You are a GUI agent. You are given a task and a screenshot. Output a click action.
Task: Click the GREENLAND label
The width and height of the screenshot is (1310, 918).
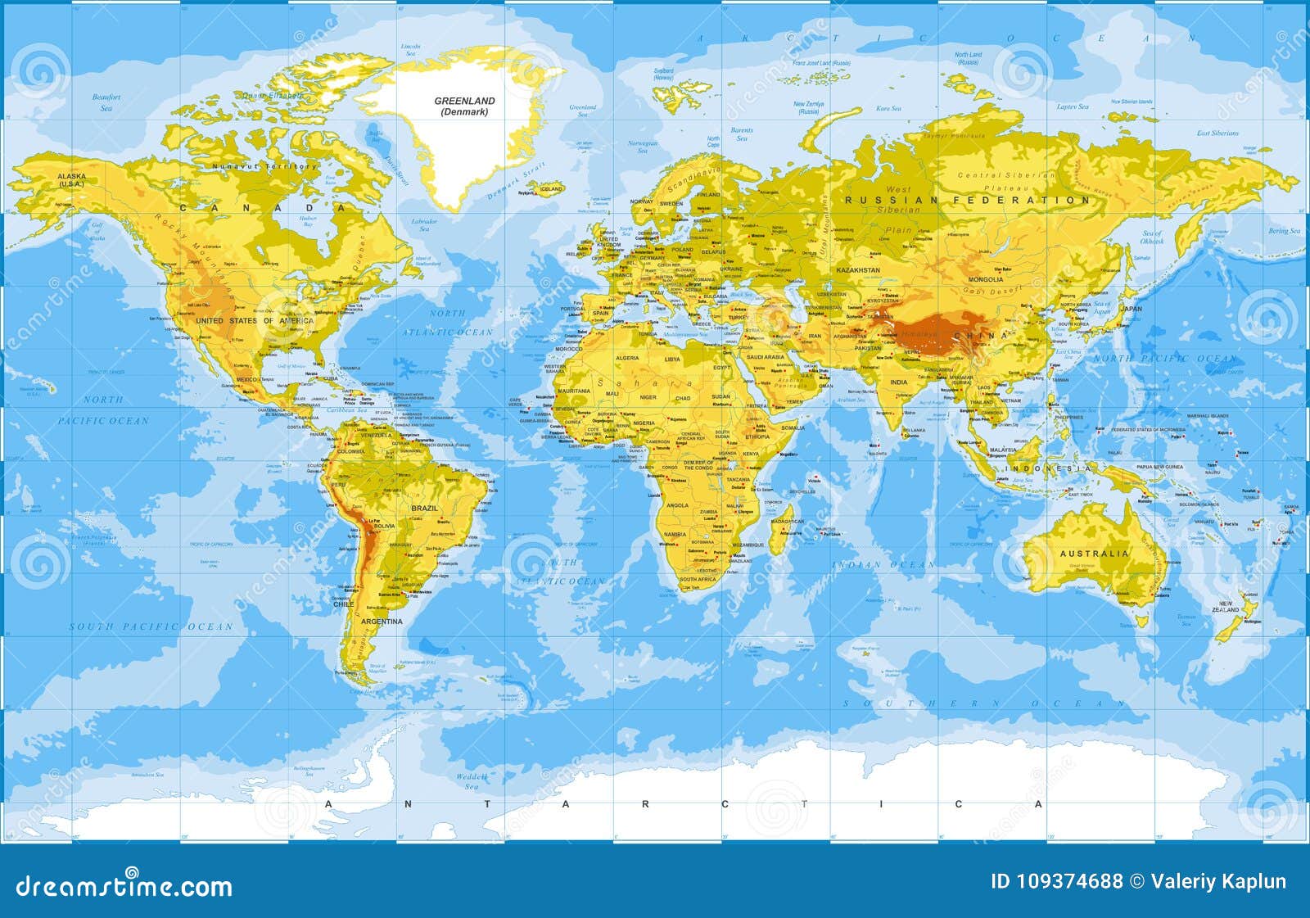[464, 101]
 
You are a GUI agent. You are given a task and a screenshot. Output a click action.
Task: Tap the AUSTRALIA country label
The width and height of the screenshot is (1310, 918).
[1094, 554]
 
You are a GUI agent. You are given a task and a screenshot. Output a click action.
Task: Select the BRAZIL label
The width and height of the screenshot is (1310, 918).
[425, 509]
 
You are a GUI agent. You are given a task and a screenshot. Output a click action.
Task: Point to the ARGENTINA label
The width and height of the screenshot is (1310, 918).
[382, 622]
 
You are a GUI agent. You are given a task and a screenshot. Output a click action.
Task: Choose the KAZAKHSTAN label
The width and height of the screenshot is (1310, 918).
[858, 270]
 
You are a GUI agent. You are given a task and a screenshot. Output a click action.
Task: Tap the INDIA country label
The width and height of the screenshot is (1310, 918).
[899, 382]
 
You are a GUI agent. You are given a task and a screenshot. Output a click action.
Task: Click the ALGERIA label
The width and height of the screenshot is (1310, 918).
[626, 359]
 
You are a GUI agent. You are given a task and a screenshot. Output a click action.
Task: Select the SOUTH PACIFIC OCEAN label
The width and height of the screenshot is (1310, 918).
[151, 626]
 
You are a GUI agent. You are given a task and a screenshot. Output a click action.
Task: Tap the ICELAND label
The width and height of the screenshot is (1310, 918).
[551, 189]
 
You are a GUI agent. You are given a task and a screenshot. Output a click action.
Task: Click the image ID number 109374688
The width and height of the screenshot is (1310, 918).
[1056, 882]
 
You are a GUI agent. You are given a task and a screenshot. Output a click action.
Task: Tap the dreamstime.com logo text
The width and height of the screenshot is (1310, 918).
[124, 886]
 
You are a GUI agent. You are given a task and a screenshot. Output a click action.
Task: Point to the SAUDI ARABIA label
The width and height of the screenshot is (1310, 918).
[766, 357]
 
